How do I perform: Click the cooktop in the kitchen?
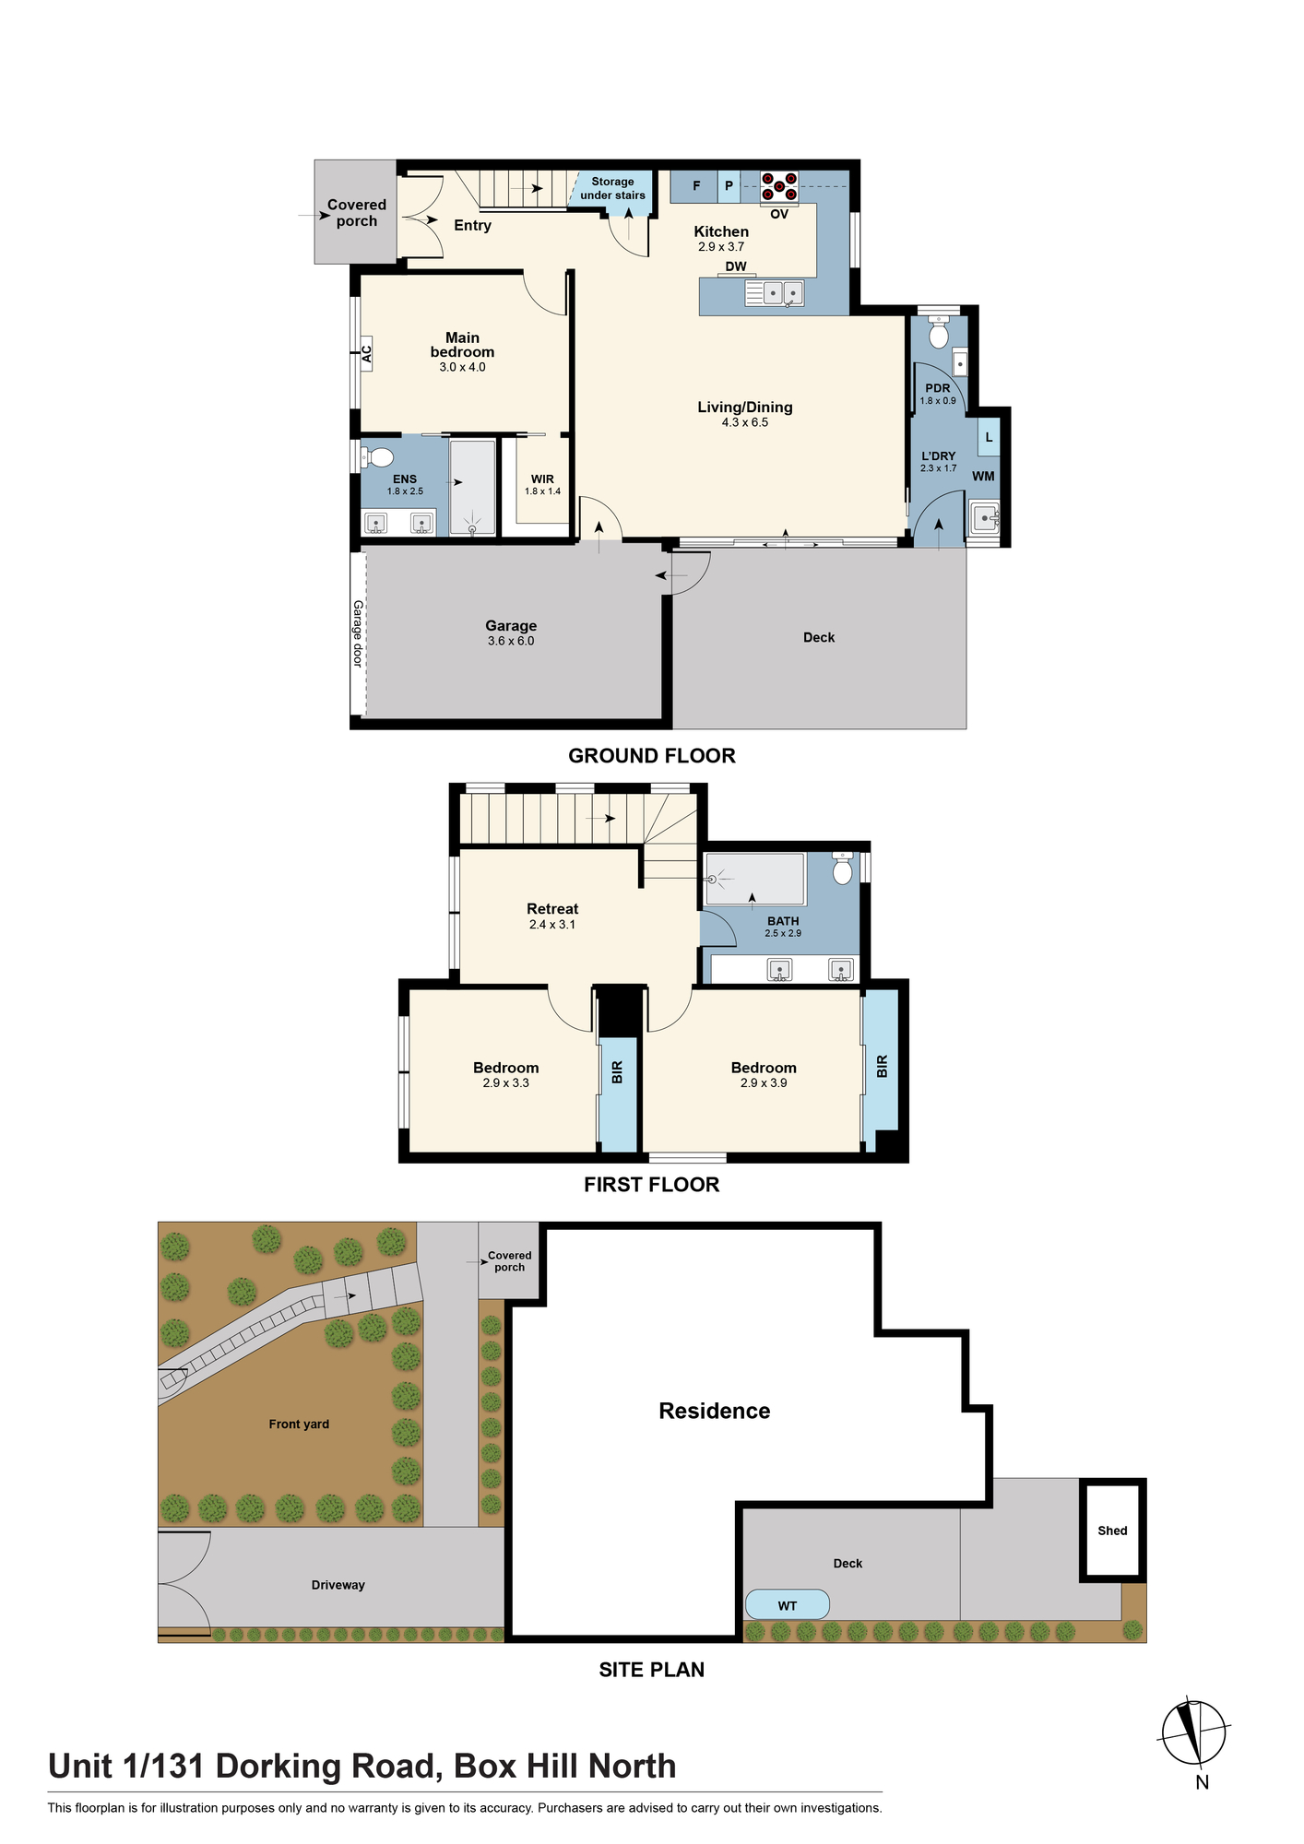[x=779, y=187]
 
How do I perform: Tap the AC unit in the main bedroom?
[x=366, y=353]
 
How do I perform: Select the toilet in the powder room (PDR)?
[x=939, y=332]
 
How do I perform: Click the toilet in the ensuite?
[x=376, y=457]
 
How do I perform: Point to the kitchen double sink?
[x=775, y=293]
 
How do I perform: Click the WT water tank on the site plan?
[x=787, y=1605]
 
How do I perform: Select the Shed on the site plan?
[x=1113, y=1531]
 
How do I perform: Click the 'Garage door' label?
[x=358, y=633]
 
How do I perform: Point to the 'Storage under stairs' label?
[x=612, y=189]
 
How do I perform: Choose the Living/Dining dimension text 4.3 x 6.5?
[x=745, y=422]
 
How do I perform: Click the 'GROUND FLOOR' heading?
[x=652, y=756]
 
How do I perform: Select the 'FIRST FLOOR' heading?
[x=652, y=1185]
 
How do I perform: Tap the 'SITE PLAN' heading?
[x=652, y=1670]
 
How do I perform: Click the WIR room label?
[x=542, y=479]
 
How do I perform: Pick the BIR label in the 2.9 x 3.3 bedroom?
[x=617, y=1072]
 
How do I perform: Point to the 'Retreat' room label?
[x=552, y=909]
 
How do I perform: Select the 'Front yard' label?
[x=299, y=1424]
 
